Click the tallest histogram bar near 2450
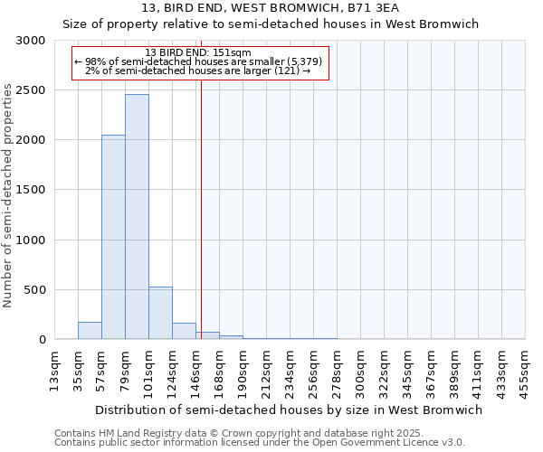pos(137,217)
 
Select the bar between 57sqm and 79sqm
pos(113,237)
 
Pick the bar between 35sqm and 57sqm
pos(90,331)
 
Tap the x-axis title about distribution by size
pos(289,410)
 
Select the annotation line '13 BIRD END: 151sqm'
pos(198,53)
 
